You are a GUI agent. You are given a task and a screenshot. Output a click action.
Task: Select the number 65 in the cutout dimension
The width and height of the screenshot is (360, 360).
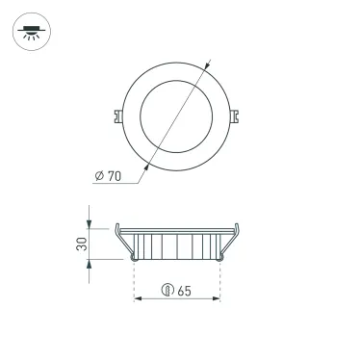click(x=183, y=289)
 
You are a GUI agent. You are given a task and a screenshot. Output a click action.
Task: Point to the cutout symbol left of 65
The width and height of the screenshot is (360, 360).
click(x=167, y=289)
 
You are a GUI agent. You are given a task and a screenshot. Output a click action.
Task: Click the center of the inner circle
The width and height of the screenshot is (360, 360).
click(x=177, y=115)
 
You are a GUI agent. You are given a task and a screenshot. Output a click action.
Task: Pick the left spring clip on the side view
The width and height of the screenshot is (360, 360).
click(x=122, y=242)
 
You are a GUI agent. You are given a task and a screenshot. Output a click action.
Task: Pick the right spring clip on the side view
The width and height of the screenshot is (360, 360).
click(x=231, y=242)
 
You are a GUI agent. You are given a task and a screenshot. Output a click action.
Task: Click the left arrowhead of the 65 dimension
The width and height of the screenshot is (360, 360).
click(x=136, y=299)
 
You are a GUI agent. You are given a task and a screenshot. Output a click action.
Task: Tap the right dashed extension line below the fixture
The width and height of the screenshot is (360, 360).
click(x=221, y=279)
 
